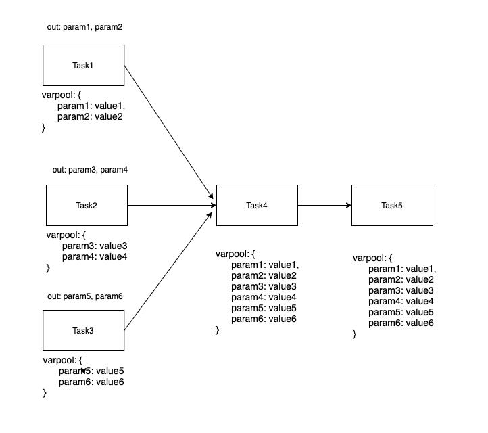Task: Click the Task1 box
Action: (83, 65)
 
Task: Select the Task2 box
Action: (87, 205)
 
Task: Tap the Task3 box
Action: (83, 331)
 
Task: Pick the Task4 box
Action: (257, 205)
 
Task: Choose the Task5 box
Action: (392, 205)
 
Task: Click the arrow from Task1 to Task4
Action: (169, 132)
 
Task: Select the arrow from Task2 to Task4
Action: (172, 205)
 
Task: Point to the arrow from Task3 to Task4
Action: (168, 271)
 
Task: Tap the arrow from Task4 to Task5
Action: (324, 205)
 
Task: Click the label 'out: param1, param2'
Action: (84, 27)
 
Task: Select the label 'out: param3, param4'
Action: (90, 170)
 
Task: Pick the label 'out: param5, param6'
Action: (85, 296)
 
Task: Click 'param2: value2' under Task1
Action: (90, 117)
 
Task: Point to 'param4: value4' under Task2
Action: (95, 257)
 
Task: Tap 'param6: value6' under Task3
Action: (91, 382)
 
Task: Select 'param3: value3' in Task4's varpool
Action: (264, 287)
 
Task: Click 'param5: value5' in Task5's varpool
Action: (401, 312)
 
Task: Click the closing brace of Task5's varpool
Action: (354, 334)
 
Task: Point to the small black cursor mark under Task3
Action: (83, 371)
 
